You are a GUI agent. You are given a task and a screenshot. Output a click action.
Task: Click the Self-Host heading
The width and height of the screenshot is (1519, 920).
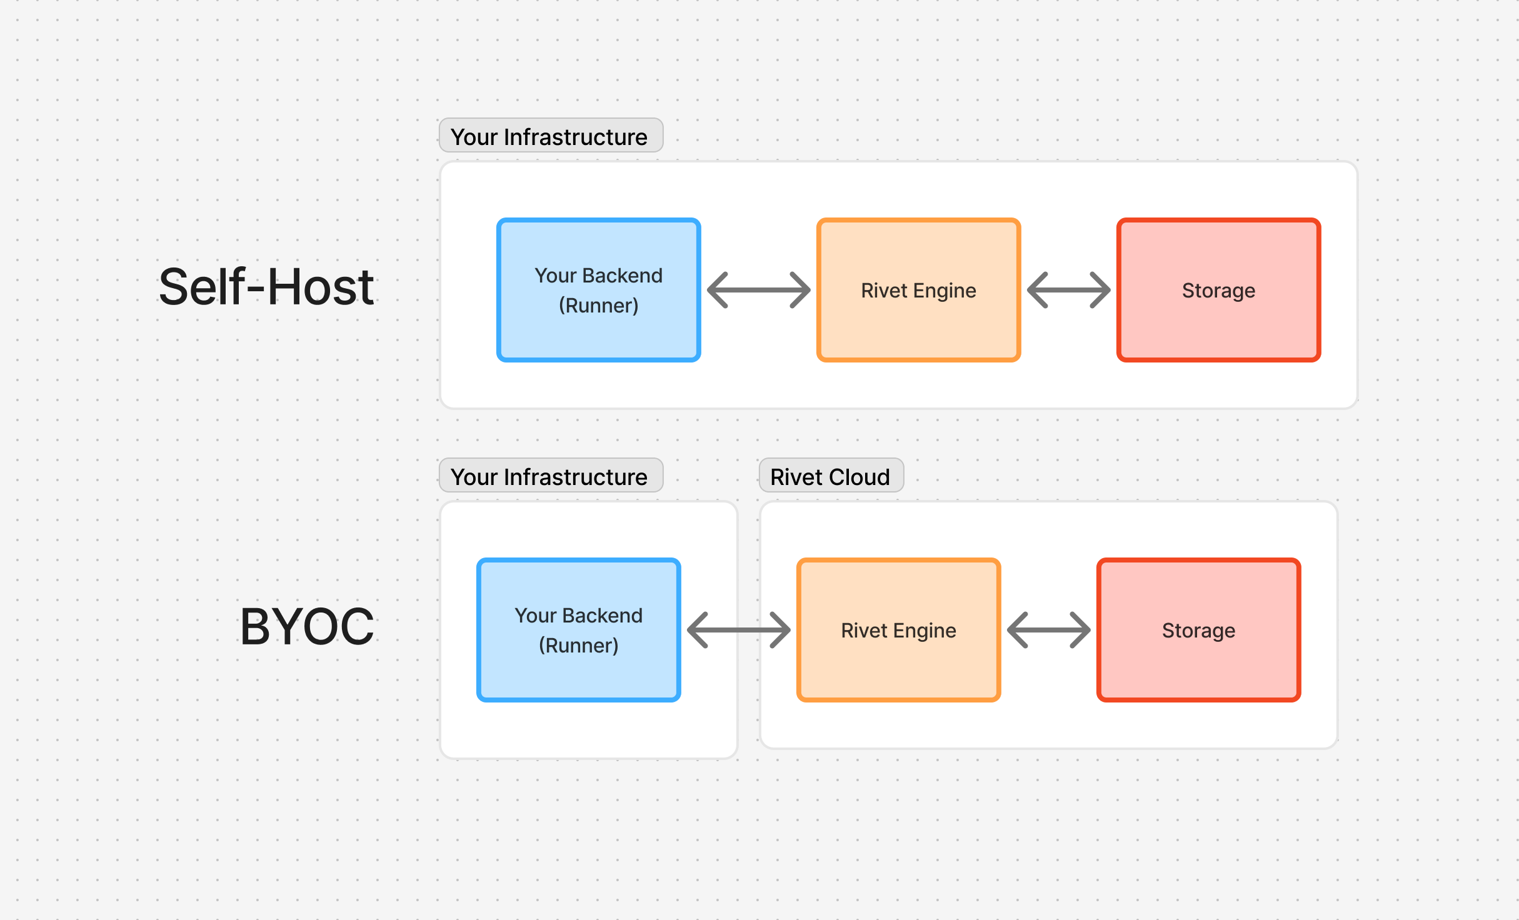click(266, 287)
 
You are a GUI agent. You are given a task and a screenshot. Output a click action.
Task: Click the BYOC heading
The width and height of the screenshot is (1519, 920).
click(307, 627)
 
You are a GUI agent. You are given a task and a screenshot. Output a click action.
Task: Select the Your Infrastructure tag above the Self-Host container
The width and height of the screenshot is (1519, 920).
click(550, 136)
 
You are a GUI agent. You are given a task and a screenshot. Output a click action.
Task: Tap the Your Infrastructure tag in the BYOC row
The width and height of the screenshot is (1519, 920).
click(550, 476)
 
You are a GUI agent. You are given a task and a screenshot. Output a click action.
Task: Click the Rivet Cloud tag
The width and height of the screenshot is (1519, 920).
click(830, 476)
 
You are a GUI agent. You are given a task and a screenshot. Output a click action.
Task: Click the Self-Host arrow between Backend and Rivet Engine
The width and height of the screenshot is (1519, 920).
click(758, 290)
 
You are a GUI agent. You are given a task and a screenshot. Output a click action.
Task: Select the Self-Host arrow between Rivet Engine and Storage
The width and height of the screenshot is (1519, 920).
click(1068, 290)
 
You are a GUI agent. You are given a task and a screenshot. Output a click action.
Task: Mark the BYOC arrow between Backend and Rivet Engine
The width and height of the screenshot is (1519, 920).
click(738, 630)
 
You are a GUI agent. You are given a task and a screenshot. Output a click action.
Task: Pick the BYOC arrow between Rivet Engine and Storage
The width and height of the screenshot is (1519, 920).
click(1048, 630)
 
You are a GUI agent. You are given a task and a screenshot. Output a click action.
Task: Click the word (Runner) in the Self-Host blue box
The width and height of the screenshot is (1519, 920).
click(598, 306)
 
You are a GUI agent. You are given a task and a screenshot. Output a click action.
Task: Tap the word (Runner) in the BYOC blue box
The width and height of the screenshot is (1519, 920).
click(578, 646)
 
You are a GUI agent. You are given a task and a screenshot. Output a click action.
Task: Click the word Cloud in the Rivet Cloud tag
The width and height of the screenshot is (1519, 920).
click(859, 477)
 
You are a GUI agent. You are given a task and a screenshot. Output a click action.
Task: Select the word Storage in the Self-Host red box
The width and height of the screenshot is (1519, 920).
click(1218, 291)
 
